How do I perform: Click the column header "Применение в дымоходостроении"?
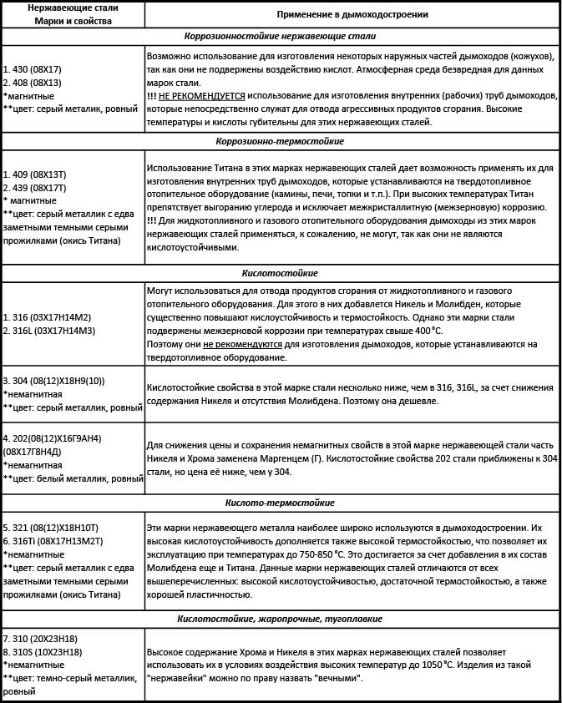352,14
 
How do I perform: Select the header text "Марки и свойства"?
72,20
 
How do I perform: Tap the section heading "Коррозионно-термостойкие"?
280,141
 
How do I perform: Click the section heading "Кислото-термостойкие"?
280,503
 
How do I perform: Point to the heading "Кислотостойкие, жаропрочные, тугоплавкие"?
280,619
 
